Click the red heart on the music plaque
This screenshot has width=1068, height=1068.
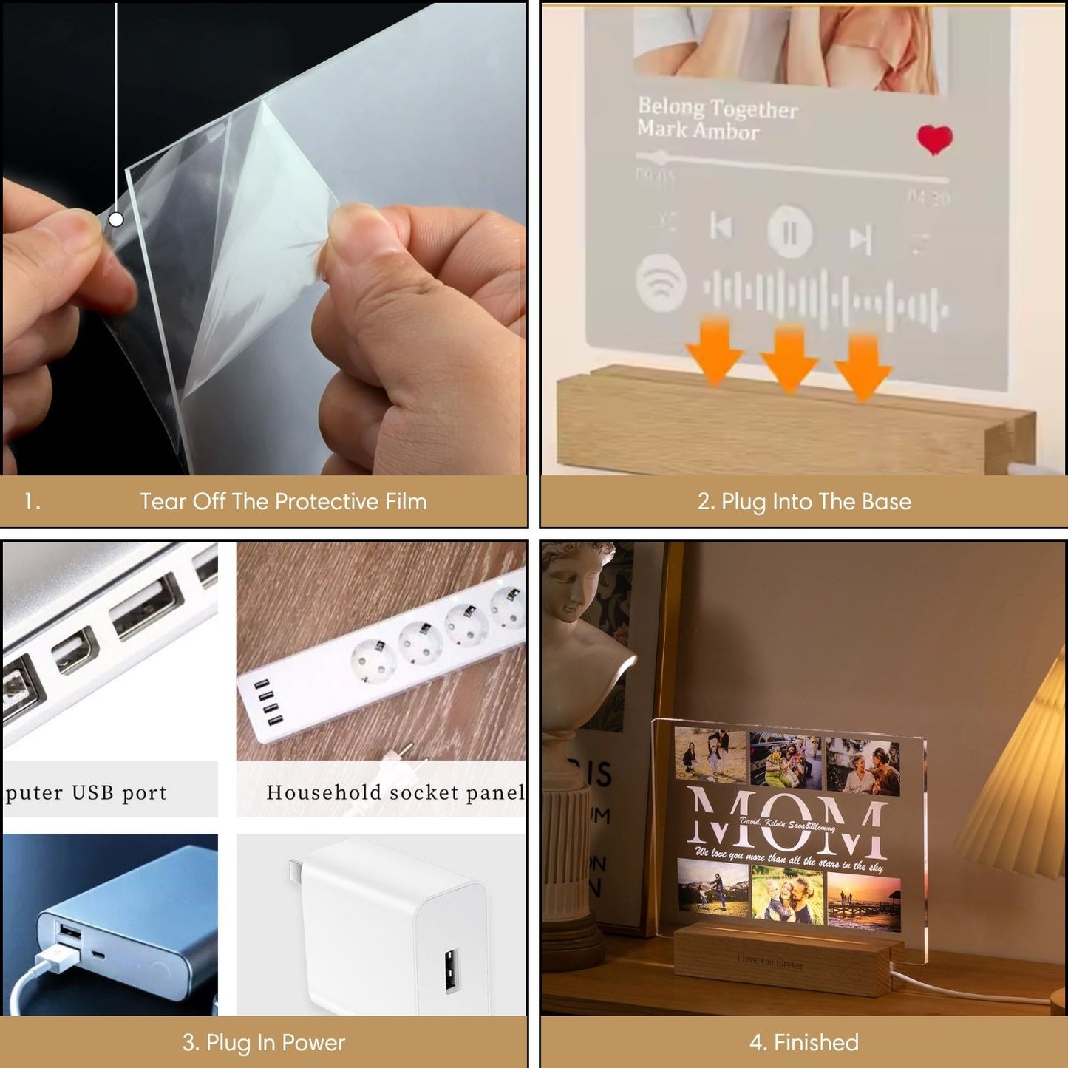tap(934, 139)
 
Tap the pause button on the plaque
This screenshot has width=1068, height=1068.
tap(789, 233)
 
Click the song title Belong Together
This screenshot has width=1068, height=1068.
tap(718, 108)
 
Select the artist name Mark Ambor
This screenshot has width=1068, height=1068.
tap(698, 131)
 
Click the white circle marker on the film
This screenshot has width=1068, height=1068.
tap(116, 220)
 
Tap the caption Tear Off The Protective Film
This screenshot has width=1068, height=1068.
tap(283, 502)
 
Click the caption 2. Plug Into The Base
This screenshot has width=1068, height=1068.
tap(804, 502)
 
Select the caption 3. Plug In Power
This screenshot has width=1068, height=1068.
tap(264, 1042)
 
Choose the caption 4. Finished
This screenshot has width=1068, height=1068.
tap(804, 1042)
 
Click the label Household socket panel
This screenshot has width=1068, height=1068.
tap(395, 792)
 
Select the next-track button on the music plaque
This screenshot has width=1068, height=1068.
tap(860, 239)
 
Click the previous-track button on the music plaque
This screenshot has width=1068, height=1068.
tap(721, 226)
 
